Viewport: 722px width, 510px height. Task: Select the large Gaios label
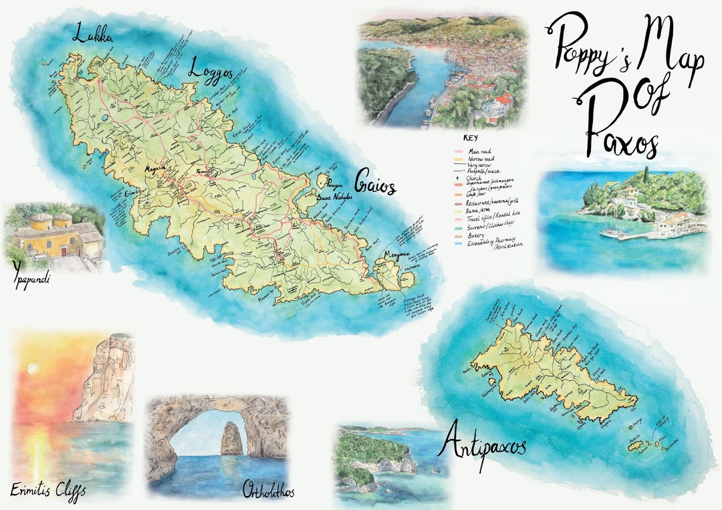(375, 182)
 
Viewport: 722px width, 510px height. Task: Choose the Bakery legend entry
(480, 236)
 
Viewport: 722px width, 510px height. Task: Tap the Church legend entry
(479, 177)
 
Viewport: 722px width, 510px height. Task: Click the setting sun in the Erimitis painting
(32, 368)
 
